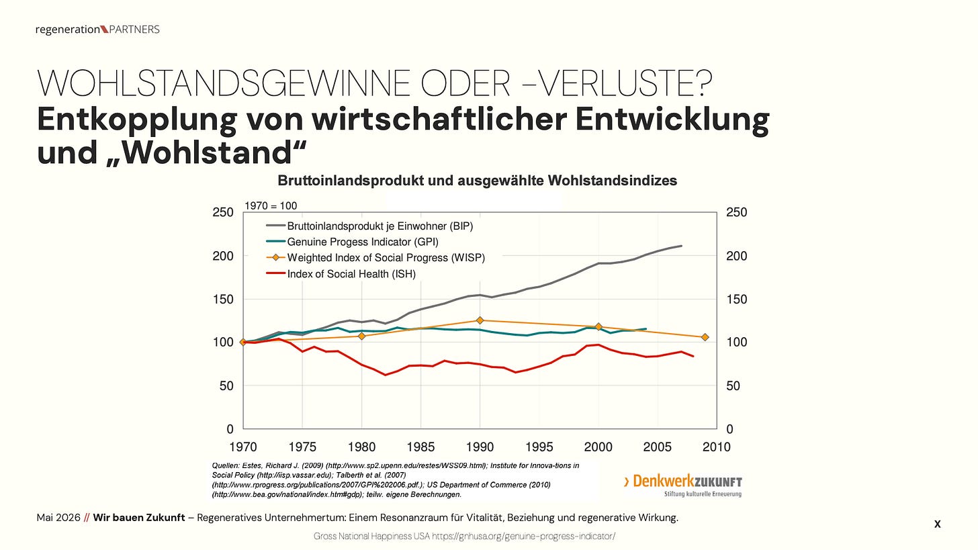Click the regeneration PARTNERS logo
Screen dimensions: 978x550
click(97, 30)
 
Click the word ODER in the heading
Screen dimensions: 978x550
click(465, 83)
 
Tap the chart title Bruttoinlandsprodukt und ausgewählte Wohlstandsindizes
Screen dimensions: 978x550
click(477, 180)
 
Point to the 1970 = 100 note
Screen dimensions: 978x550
click(271, 205)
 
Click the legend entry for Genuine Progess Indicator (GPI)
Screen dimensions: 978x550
click(353, 242)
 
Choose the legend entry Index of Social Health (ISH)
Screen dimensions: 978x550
click(341, 274)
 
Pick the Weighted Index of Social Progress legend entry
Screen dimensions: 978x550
click(375, 258)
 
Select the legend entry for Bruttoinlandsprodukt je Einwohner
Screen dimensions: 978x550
click(369, 226)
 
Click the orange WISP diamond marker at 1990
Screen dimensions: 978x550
click(480, 320)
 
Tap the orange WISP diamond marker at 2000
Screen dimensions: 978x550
click(598, 326)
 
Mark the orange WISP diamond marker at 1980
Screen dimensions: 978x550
click(361, 336)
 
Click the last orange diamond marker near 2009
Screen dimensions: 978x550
click(705, 337)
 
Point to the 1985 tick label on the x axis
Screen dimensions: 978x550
click(421, 447)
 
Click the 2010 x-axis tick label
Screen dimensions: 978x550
click(717, 447)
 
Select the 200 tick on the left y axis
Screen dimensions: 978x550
click(223, 256)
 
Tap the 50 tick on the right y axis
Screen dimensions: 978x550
click(733, 386)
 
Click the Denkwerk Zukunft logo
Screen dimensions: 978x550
click(683, 486)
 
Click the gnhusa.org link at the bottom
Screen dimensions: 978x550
click(523, 536)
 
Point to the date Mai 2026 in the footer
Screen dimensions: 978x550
click(58, 518)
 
